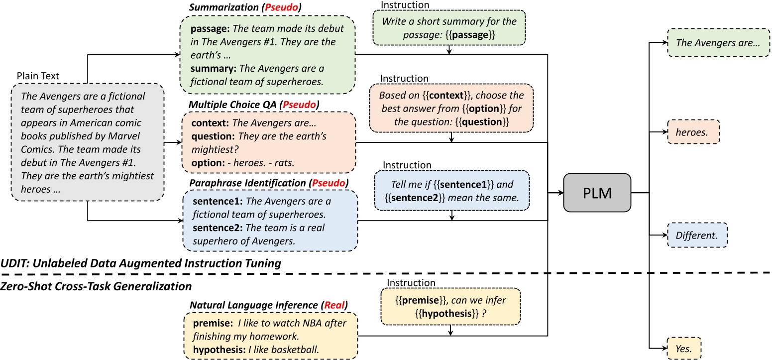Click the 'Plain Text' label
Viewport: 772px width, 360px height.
click(x=38, y=76)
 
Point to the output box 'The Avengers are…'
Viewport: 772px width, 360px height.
click(x=717, y=43)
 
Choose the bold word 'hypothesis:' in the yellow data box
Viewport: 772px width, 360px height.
click(x=217, y=350)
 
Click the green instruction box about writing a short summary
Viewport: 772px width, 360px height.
click(x=449, y=28)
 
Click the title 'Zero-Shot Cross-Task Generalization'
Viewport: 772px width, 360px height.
click(x=96, y=286)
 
